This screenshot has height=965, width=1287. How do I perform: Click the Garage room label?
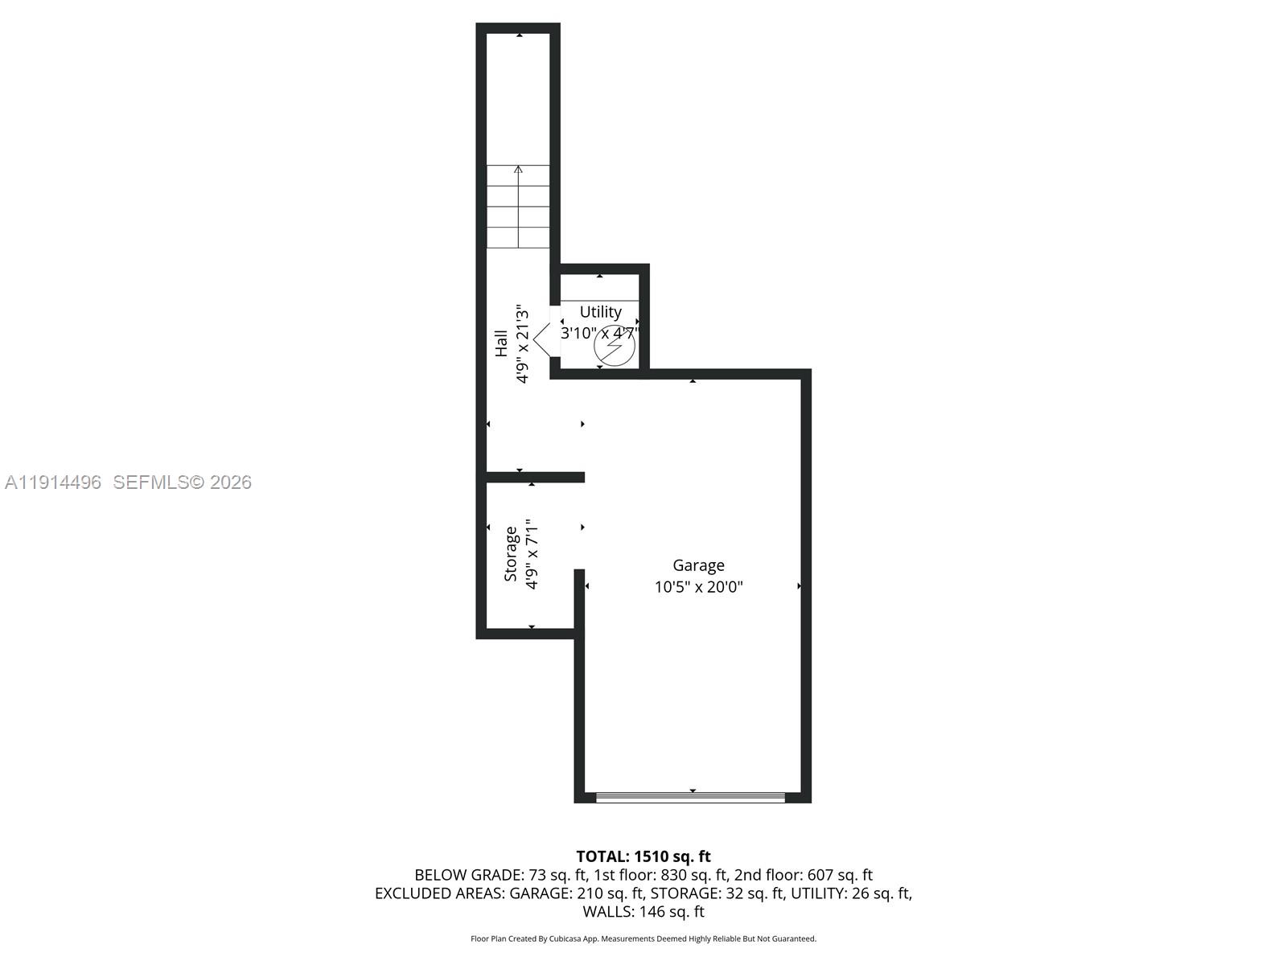[698, 565]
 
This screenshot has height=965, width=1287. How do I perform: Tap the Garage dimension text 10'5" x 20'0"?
[698, 587]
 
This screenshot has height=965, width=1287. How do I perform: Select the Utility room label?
[600, 312]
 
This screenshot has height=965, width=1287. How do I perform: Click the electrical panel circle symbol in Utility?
[615, 347]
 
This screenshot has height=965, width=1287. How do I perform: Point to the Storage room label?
[511, 554]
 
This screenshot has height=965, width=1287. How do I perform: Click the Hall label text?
[501, 343]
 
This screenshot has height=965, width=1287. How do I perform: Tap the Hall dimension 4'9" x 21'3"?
[522, 343]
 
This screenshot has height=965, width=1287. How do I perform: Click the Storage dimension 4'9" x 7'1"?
[531, 554]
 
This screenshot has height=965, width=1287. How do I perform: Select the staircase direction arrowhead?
[518, 170]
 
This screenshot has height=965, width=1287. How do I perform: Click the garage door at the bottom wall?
[690, 797]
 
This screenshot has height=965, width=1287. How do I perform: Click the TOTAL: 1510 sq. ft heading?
[643, 856]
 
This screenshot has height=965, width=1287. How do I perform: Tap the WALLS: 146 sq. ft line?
[643, 912]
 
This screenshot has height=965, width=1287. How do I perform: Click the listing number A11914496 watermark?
[53, 482]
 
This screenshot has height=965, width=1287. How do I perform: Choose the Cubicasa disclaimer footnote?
[643, 938]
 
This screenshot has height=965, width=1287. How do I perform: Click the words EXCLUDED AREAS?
[439, 893]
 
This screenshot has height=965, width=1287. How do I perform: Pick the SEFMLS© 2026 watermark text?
[183, 482]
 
